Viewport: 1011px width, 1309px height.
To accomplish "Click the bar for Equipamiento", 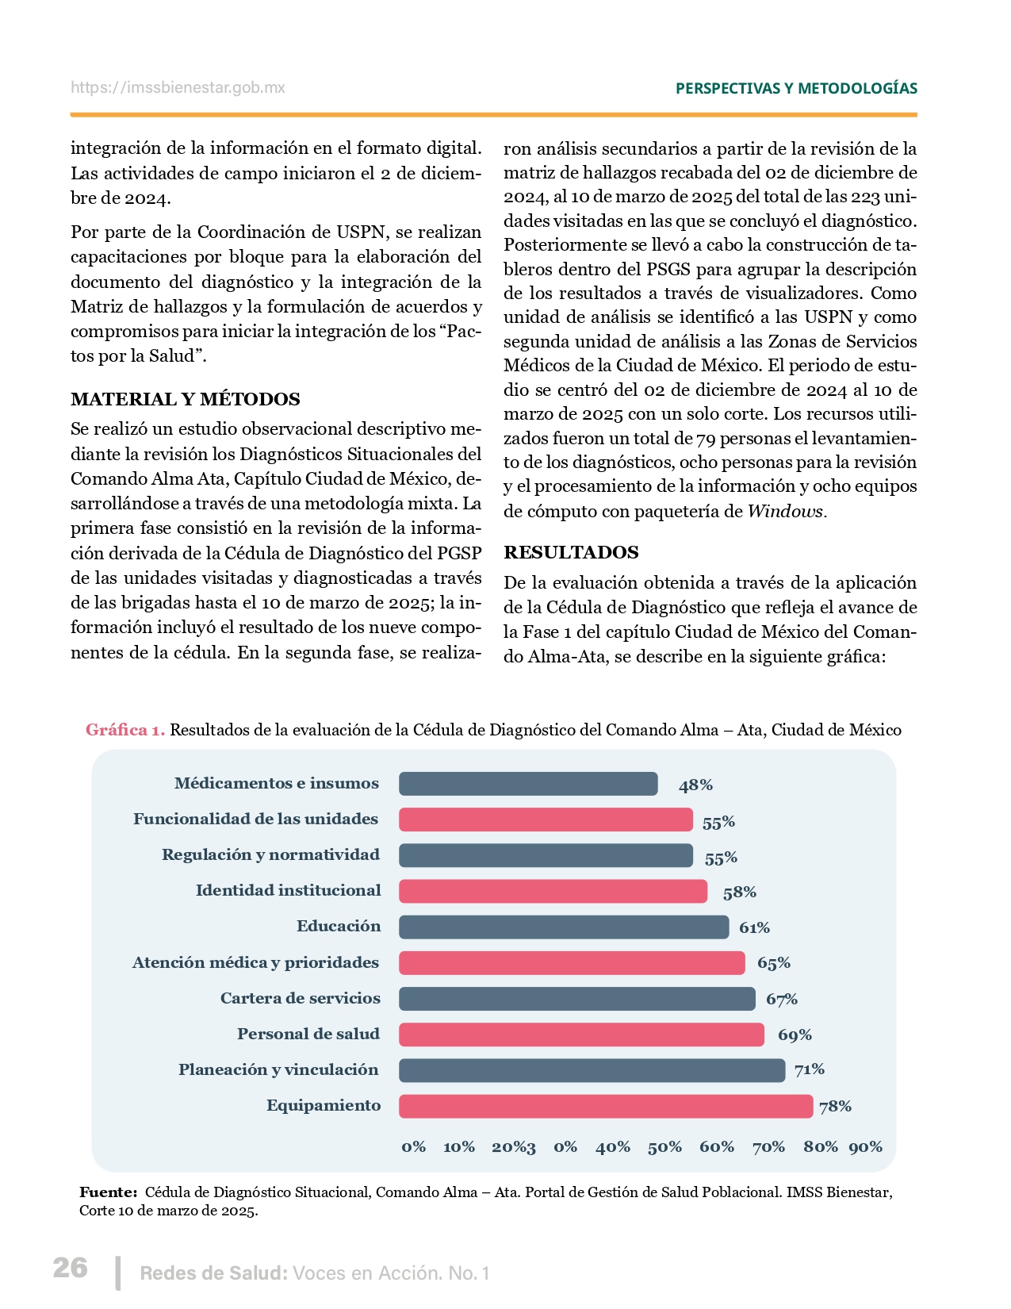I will (606, 1106).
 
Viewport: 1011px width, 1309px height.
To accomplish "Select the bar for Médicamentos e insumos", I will (528, 784).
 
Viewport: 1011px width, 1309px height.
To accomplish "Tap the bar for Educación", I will (564, 927).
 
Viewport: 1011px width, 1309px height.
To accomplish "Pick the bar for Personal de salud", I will (581, 1035).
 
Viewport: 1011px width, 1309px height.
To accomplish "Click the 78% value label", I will (835, 1106).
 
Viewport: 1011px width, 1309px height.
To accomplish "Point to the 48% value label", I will (695, 785).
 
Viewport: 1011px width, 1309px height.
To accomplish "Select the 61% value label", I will (754, 927).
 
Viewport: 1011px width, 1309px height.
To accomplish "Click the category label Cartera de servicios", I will (300, 998).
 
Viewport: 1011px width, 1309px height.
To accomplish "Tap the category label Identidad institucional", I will (288, 890).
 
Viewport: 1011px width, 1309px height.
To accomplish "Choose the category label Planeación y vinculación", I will (278, 1069).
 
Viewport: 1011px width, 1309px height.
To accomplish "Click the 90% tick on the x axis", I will (865, 1146).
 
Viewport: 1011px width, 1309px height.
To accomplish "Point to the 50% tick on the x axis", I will (664, 1146).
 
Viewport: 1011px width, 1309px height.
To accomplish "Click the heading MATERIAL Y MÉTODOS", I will (186, 399).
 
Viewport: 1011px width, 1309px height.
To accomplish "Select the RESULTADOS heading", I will (571, 552).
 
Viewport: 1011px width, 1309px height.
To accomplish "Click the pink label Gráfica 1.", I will (125, 730).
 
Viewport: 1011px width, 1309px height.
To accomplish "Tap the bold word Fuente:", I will (109, 1192).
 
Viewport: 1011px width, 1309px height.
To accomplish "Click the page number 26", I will (70, 1268).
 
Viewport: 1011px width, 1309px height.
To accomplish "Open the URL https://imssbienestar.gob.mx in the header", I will (178, 87).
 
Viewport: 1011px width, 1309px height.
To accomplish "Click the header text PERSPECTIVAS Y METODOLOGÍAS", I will (796, 88).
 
